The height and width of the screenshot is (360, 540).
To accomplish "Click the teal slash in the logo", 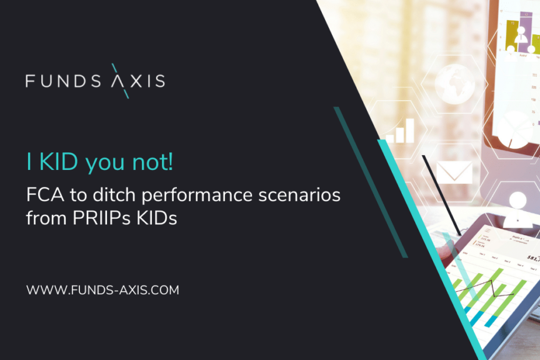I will [121, 81].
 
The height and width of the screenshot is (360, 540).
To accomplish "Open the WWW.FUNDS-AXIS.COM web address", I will [102, 290].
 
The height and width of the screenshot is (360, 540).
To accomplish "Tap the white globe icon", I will [455, 82].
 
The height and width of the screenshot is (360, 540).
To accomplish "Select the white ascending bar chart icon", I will [400, 130].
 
